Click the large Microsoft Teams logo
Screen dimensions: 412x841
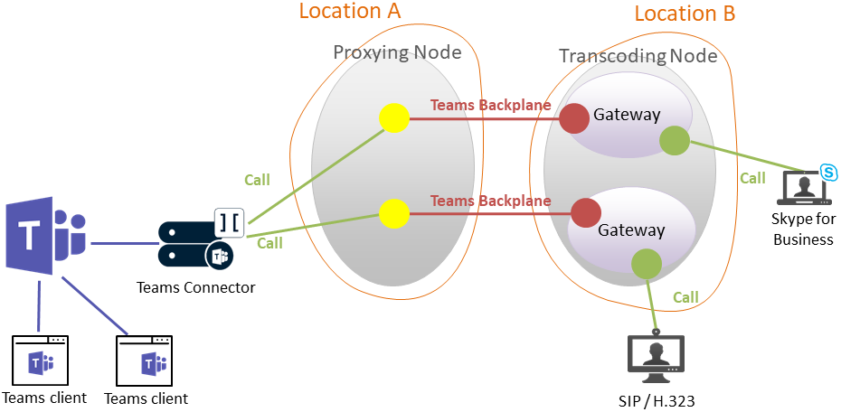tap(45, 237)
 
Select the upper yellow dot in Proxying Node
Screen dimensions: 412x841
tap(394, 118)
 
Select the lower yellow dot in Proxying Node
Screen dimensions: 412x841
tap(394, 214)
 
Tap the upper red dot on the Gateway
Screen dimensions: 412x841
tap(574, 117)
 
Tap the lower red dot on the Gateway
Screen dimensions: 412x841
tap(586, 213)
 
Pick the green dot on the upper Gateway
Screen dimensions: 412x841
tap(674, 140)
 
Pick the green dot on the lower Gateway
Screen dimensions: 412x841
tap(647, 264)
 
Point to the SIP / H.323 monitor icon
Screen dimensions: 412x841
tap(656, 357)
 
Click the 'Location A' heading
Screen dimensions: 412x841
tap(349, 12)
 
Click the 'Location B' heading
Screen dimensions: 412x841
tap(685, 14)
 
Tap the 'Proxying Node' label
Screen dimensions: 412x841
tap(397, 52)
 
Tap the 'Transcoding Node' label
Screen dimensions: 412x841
tap(638, 56)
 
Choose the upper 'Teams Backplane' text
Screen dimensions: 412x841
tap(490, 105)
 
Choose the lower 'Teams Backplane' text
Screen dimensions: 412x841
tap(490, 201)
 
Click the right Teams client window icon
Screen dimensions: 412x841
tap(146, 361)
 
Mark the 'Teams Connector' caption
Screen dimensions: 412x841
tap(195, 288)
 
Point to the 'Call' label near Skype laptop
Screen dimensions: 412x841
tap(752, 178)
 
